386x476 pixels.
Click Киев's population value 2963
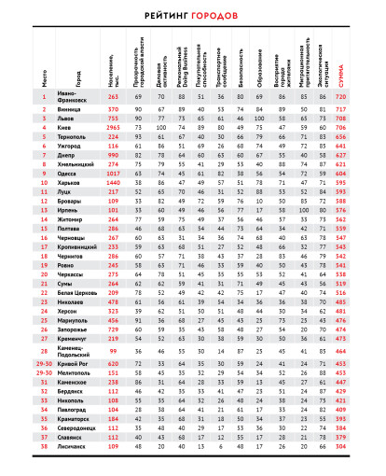(114, 128)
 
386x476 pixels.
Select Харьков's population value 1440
(114, 182)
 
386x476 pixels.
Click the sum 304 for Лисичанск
(366, 446)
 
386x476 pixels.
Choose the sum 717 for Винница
(366, 110)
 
